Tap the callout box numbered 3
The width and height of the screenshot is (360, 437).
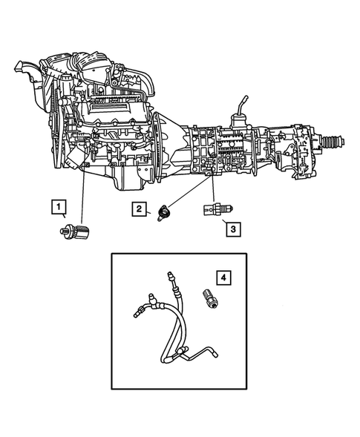pos(232,229)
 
